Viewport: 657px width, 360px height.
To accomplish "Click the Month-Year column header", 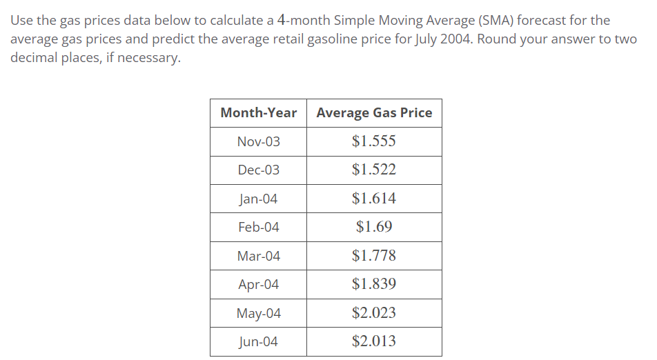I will (258, 113).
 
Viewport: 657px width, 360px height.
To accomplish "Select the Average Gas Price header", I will (374, 113).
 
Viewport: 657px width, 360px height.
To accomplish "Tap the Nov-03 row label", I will (258, 141).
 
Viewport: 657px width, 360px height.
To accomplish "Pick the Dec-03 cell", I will (258, 170).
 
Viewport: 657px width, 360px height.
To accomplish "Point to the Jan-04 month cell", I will (258, 199).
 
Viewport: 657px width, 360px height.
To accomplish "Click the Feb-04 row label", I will (258, 227).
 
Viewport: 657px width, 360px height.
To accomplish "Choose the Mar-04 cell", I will (258, 256).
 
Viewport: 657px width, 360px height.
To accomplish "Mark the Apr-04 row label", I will (258, 284).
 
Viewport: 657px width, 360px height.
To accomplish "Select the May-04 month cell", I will (258, 313).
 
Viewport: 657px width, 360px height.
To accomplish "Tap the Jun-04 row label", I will (258, 341).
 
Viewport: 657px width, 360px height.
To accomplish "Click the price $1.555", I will (373, 141).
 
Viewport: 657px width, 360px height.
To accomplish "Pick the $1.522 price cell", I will (373, 170).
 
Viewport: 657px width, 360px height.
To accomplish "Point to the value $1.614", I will (373, 199).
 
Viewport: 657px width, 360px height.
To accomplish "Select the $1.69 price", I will (373, 227).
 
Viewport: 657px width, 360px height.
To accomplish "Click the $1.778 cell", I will (373, 256).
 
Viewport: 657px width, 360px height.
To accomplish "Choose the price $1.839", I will (373, 284).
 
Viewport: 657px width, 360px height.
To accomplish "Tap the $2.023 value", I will (373, 313).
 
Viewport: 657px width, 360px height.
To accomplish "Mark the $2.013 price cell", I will (373, 341).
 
